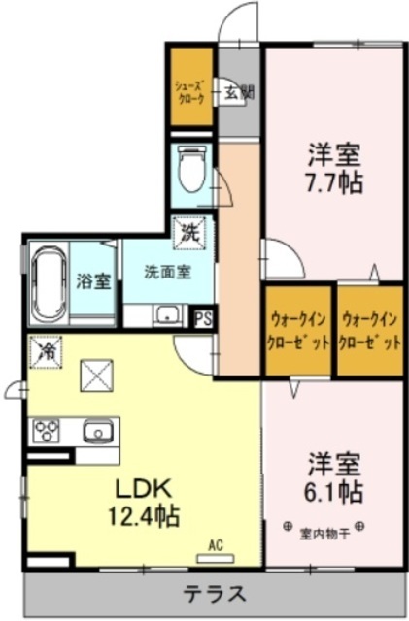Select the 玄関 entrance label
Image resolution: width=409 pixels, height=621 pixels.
(239, 94)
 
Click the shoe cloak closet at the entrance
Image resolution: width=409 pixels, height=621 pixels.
(190, 89)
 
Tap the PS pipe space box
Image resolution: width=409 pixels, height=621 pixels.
(203, 317)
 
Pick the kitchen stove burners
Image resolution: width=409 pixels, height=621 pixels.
(48, 430)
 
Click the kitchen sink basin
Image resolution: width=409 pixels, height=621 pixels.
(98, 431)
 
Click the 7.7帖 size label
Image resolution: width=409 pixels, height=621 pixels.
(336, 181)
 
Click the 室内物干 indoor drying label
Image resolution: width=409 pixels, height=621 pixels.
(324, 529)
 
